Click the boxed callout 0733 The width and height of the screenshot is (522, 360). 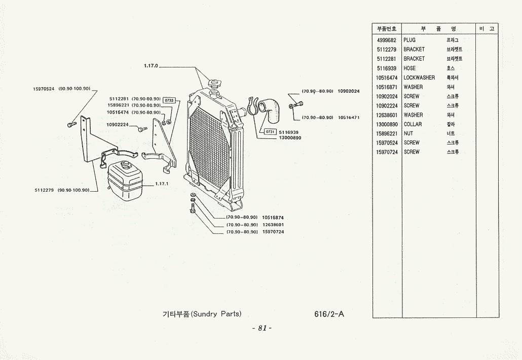(x=169, y=100)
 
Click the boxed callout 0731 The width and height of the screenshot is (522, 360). (x=270, y=132)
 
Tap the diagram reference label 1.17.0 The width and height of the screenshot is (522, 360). (x=151, y=66)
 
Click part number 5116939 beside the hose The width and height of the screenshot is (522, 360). (x=288, y=132)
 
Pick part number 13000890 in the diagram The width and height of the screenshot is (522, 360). (x=290, y=137)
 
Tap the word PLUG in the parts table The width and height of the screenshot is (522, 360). (x=409, y=40)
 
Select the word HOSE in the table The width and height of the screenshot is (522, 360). (x=409, y=68)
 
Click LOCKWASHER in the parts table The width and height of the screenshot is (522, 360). (x=419, y=78)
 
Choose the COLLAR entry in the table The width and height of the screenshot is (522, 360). (x=413, y=124)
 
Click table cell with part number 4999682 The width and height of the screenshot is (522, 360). (x=386, y=40)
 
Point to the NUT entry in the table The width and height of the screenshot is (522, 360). (x=408, y=134)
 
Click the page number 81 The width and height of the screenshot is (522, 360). (x=262, y=328)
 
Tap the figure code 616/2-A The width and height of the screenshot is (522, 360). (x=329, y=314)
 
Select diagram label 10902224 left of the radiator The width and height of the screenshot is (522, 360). (x=118, y=125)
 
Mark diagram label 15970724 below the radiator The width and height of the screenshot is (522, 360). (x=273, y=232)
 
